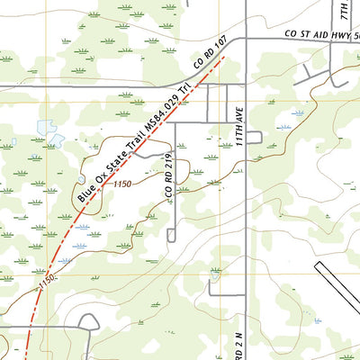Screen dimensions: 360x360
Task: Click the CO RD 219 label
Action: pyautogui.click(x=168, y=180)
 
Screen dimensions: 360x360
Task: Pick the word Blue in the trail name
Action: pyautogui.click(x=85, y=191)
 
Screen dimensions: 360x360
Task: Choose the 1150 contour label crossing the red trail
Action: pyautogui.click(x=49, y=282)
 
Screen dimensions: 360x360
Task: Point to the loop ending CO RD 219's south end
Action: pyautogui.click(x=172, y=236)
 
